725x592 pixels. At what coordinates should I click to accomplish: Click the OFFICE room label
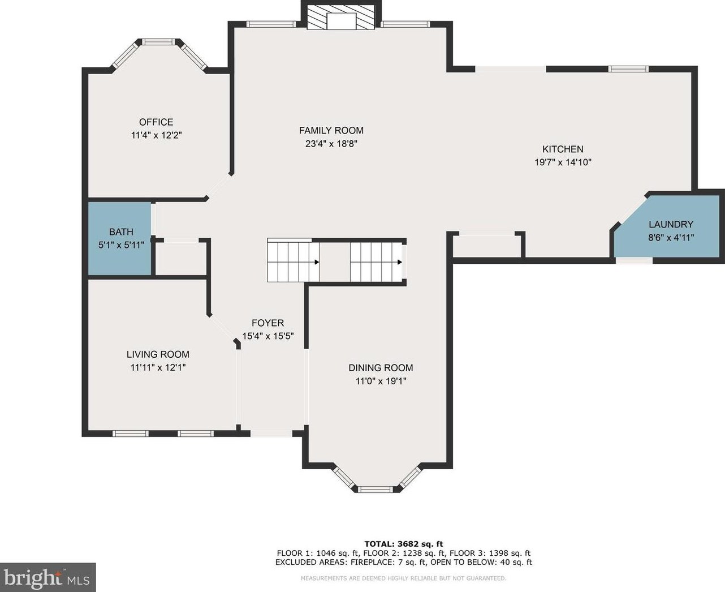[x=156, y=122]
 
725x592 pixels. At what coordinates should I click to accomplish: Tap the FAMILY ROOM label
[x=331, y=130]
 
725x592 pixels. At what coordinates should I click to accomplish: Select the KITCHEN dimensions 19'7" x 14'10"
[x=563, y=162]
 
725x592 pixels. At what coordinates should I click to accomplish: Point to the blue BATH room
[x=120, y=238]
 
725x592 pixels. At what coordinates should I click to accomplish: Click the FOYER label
[x=268, y=323]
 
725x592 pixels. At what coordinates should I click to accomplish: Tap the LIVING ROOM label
[x=158, y=354]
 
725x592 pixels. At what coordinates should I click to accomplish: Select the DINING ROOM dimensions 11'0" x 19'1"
[x=381, y=381]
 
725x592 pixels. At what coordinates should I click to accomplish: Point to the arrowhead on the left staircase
[x=317, y=262]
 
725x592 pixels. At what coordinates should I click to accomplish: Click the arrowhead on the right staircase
[x=400, y=262]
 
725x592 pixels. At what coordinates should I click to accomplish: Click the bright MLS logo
[x=48, y=577]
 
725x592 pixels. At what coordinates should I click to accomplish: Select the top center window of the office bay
[x=158, y=42]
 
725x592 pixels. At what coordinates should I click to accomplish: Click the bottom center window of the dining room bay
[x=375, y=489]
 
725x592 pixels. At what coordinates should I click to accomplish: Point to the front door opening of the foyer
[x=271, y=434]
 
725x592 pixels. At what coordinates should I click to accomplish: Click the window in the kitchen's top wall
[x=628, y=69]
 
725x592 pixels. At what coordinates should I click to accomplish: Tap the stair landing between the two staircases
[x=335, y=262]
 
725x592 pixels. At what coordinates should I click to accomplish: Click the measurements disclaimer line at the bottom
[x=404, y=578]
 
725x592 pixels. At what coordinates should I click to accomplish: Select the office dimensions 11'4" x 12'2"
[x=156, y=135]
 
